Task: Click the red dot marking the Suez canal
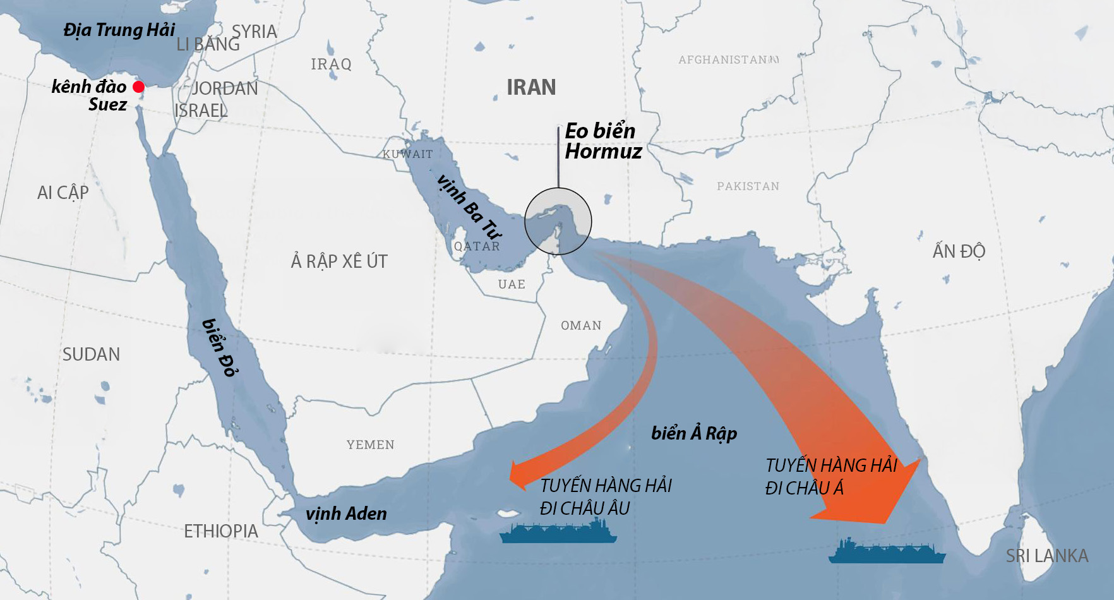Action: point(139,87)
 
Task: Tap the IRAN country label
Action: point(531,87)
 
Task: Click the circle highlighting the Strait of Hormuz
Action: point(558,221)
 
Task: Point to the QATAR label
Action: point(477,246)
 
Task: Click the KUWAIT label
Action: point(408,154)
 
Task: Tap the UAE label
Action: point(512,284)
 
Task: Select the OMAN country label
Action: point(581,325)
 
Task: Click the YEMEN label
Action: point(370,445)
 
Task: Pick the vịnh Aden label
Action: point(346,514)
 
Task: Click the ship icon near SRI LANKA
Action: point(887,552)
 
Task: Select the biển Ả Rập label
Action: point(694,433)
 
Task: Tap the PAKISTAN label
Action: point(748,186)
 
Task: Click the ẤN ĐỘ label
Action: point(959,251)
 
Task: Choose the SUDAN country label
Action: point(91,354)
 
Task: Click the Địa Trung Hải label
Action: point(119,30)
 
